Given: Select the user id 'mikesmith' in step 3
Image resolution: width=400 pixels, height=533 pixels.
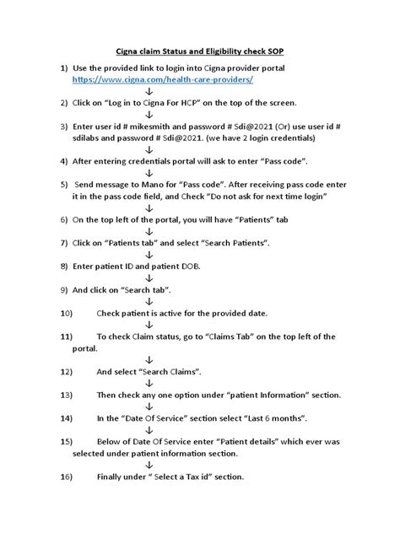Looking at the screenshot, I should point(155,127).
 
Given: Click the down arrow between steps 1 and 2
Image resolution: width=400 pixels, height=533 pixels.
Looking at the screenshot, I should point(149,91).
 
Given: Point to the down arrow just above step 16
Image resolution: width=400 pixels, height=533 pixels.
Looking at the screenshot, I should point(149,465).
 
